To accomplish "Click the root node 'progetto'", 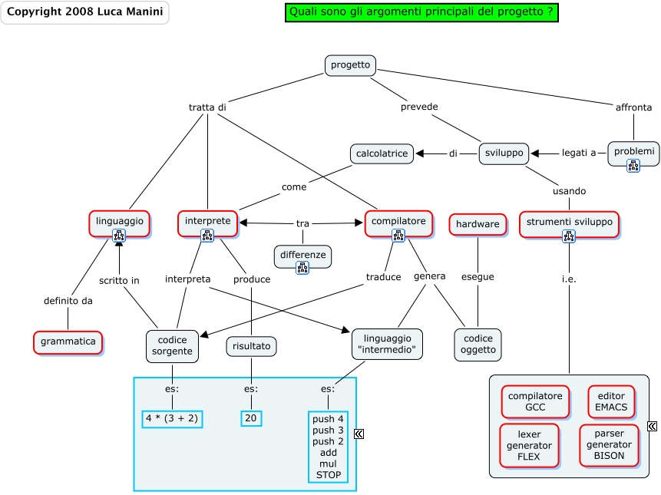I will click(x=350, y=65).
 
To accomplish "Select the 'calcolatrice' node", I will click(x=382, y=153).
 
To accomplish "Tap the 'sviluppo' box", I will click(x=504, y=153).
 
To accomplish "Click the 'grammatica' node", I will click(x=68, y=342).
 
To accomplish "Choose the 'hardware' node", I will click(x=478, y=224).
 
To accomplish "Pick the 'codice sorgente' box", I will click(x=172, y=345).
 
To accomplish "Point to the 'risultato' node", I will click(x=251, y=347).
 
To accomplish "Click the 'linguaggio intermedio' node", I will click(x=387, y=345).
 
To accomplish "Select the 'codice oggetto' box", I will click(x=478, y=345).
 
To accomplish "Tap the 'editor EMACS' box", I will click(x=611, y=401).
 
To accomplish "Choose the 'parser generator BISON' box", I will click(x=609, y=445).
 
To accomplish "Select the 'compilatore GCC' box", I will click(x=535, y=401).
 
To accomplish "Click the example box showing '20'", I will click(x=251, y=418).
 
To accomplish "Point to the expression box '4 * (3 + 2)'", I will click(x=172, y=418).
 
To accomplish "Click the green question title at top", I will click(x=421, y=12).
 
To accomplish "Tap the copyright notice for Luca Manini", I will click(x=84, y=12).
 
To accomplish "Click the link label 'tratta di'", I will click(x=207, y=107).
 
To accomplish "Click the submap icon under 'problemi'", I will click(x=633, y=165).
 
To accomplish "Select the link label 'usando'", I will click(x=569, y=190).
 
